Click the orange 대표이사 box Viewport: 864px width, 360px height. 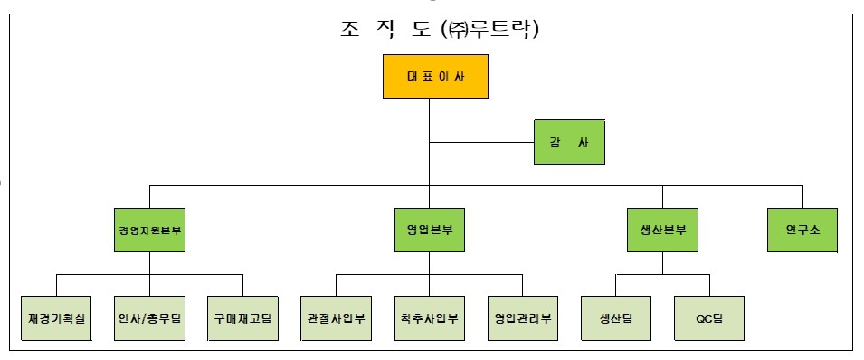tap(435, 77)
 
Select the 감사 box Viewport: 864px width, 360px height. tap(567, 142)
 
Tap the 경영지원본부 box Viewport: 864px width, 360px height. tap(150, 230)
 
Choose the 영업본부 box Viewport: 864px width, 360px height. tap(430, 230)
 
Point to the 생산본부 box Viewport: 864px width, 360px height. tap(662, 230)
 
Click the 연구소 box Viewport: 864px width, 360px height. tap(802, 230)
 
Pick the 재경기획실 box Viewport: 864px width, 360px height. tap(57, 317)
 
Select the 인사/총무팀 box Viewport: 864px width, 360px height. tap(150, 317)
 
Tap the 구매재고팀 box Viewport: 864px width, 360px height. tap(243, 317)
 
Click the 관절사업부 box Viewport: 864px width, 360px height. tap(337, 317)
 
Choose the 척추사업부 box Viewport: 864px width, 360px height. tap(430, 317)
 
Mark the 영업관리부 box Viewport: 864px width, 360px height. tap(523, 317)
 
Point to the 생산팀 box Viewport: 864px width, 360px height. tap(616, 317)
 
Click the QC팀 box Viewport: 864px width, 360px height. tap(709, 317)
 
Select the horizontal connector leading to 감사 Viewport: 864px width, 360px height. tap(481, 142)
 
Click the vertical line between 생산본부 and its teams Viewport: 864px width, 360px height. tap(662, 263)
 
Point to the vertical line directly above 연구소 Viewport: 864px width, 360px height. tap(802, 196)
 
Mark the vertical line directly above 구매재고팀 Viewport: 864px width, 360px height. tap(243, 284)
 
